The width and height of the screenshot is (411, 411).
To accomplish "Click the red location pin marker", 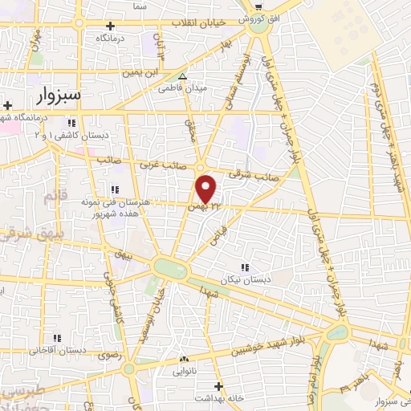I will coord(207,189).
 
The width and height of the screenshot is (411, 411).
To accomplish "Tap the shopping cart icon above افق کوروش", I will coord(258,5).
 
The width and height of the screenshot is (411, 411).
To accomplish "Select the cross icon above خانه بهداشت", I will coord(218,386).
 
